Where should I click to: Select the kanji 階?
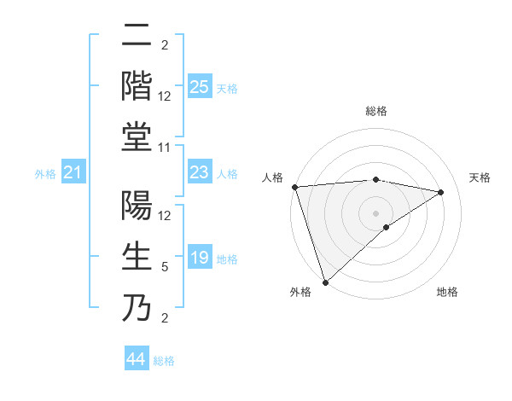(x=137, y=85)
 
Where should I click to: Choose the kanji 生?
(x=137, y=257)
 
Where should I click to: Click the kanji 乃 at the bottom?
(x=137, y=308)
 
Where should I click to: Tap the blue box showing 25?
(x=199, y=87)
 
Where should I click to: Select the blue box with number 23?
(x=199, y=173)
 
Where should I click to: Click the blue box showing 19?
(x=199, y=259)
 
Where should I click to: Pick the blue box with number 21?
(x=73, y=173)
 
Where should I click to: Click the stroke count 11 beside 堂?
(x=165, y=148)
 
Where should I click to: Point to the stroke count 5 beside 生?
(x=165, y=267)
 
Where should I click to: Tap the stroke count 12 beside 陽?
(x=165, y=216)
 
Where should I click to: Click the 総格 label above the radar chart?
(x=375, y=111)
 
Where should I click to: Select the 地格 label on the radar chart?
(x=447, y=292)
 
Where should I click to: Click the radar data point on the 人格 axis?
(x=294, y=187)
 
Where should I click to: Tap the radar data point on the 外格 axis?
(x=325, y=282)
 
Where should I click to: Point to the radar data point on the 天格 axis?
(x=441, y=192)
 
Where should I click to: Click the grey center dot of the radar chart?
(x=375, y=212)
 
